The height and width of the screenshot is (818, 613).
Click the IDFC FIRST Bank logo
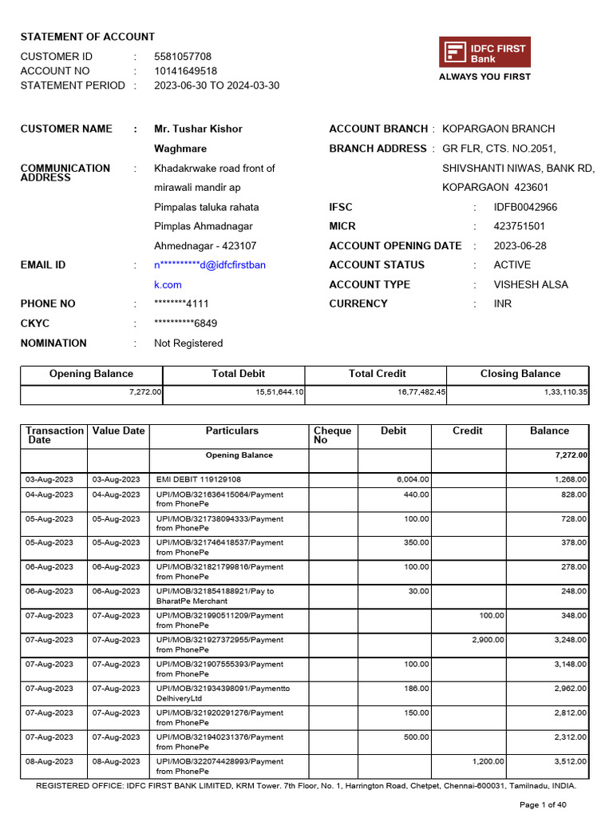coord(484,53)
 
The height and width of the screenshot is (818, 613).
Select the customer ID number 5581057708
coord(183,57)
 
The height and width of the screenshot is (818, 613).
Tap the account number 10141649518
coord(185,71)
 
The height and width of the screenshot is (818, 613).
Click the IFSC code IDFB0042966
coord(525,207)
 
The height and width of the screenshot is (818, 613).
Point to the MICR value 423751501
coord(520,226)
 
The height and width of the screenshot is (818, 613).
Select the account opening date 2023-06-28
coord(520,246)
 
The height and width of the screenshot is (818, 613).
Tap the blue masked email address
coord(210,265)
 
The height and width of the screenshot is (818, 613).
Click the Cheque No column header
coord(333,435)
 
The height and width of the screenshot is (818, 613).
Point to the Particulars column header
coord(231,431)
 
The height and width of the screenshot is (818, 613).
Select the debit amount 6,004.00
coord(413,480)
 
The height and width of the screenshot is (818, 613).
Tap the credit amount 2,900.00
coord(488,640)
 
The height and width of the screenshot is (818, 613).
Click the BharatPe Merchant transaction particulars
coord(215,596)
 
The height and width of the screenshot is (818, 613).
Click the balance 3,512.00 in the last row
coord(571,761)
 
